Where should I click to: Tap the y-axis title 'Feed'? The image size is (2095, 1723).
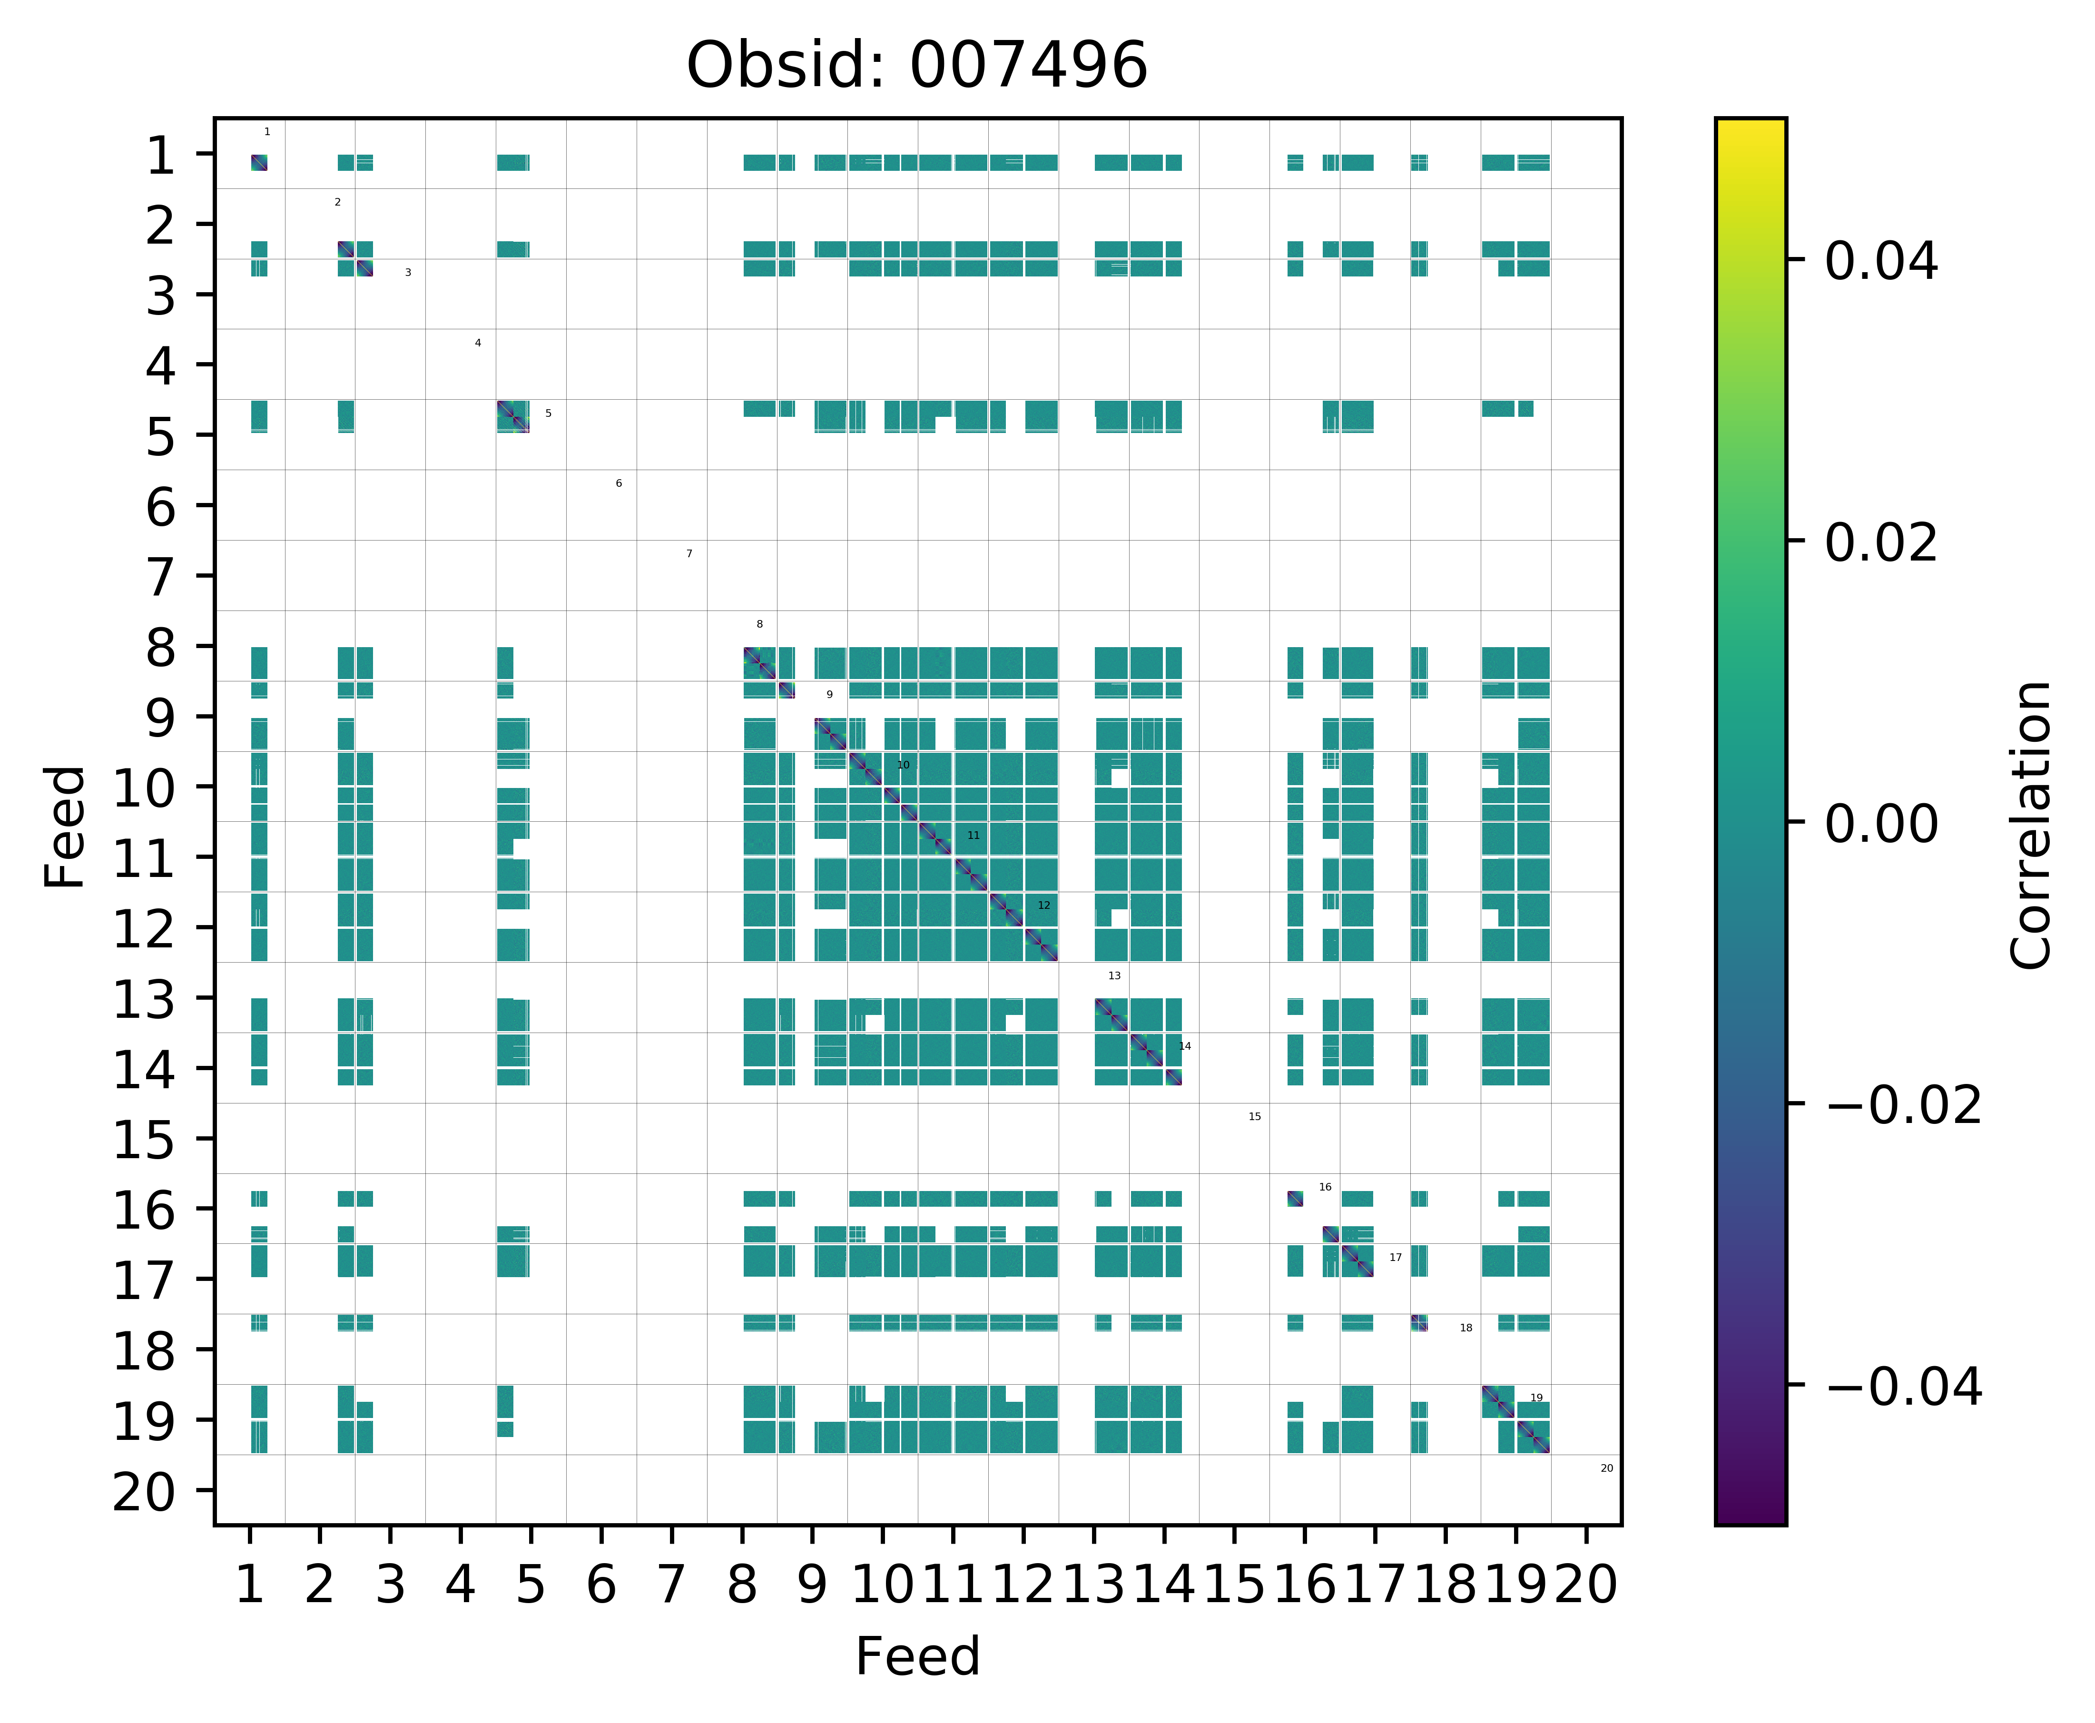[x=66, y=826]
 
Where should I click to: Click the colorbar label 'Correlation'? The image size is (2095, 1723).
[x=2030, y=824]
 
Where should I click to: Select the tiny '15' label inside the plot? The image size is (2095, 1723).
[x=1254, y=1117]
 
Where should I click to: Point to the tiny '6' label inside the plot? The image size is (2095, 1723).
[x=618, y=483]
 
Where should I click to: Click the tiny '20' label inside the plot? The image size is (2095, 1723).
[x=1607, y=1468]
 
